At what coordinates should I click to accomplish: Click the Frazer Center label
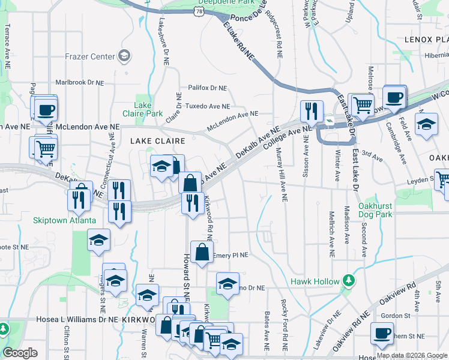tap(90, 56)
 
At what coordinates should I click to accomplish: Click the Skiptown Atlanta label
tap(65, 220)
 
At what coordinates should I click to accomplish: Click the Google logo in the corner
tap(20, 353)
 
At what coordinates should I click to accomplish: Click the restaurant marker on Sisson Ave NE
tap(311, 110)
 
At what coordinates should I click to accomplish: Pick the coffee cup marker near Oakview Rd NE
tap(381, 333)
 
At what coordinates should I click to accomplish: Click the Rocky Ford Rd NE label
tap(282, 325)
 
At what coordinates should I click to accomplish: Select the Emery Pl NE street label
tap(231, 255)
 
